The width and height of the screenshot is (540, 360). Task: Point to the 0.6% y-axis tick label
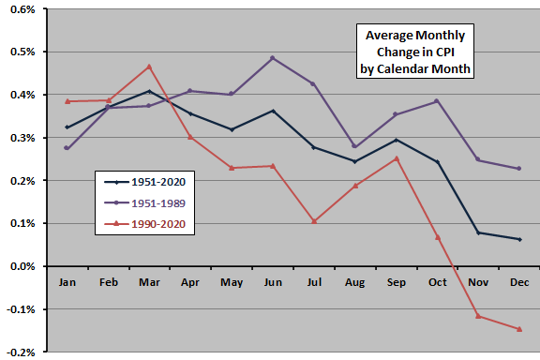coord(21,9)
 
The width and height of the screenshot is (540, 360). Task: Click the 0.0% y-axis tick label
coord(21,267)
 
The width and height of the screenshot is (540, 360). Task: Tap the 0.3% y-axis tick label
coord(21,139)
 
